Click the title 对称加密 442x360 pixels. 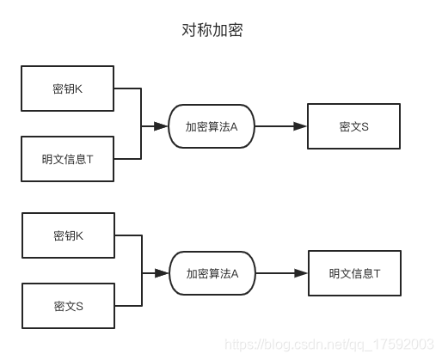tap(212, 31)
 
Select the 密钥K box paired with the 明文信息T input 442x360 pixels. tap(68, 88)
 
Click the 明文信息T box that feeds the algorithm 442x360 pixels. tap(68, 159)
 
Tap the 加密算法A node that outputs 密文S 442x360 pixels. tap(212, 126)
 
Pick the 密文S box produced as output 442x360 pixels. tap(353, 126)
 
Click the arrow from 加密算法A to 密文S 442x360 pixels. tap(279, 126)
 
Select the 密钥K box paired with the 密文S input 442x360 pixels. tap(68, 235)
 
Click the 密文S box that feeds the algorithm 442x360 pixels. tap(68, 306)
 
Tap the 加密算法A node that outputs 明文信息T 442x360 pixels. tap(212, 273)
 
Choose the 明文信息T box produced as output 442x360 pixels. tap(353, 273)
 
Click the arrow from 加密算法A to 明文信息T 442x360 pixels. tap(280, 273)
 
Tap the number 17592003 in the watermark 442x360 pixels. tap(403, 344)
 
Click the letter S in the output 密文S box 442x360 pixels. tap(365, 126)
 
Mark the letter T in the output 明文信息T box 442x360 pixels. tap(377, 273)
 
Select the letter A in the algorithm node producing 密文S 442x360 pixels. tap(233, 126)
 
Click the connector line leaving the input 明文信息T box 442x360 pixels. tap(127, 159)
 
